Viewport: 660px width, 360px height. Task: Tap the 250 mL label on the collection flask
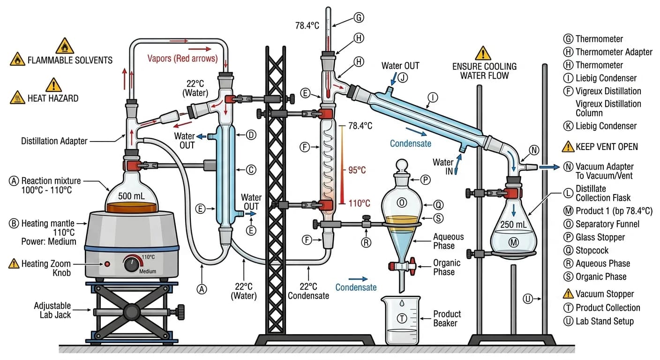pyautogui.click(x=513, y=225)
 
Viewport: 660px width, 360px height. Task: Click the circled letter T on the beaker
pyautogui.click(x=402, y=318)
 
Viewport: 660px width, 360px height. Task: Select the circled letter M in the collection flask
pyautogui.click(x=513, y=242)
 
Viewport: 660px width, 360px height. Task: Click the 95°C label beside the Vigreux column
pyautogui.click(x=357, y=170)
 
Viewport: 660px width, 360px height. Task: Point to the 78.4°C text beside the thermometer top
pyautogui.click(x=307, y=26)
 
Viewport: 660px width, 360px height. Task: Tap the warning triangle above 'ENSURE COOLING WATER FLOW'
pyautogui.click(x=483, y=53)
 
